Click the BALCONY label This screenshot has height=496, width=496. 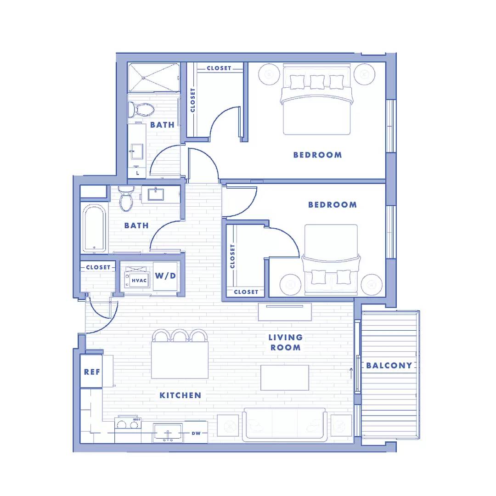tap(389, 366)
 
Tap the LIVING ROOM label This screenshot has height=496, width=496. tap(285, 342)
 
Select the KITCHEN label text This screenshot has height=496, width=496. tap(180, 395)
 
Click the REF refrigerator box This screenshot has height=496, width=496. tap(91, 372)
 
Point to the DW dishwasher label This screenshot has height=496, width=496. tap(196, 433)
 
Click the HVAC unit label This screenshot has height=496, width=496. tap(139, 280)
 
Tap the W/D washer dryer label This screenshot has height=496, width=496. tap(165, 276)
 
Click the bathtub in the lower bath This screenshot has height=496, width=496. tap(94, 228)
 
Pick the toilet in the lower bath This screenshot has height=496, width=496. tap(126, 198)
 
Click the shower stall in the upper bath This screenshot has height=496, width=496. tap(153, 78)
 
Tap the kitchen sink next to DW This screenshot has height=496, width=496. tap(168, 433)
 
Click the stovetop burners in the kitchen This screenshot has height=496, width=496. tap(128, 423)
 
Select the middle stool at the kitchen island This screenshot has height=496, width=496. tap(180, 335)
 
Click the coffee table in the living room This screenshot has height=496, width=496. tap(285, 378)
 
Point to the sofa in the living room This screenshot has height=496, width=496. tap(285, 424)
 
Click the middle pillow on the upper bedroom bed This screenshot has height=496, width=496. tap(317, 82)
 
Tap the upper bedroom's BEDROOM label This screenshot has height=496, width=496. tap(318, 155)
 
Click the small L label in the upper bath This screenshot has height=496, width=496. tap(138, 173)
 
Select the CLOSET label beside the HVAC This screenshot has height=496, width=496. tap(98, 267)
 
